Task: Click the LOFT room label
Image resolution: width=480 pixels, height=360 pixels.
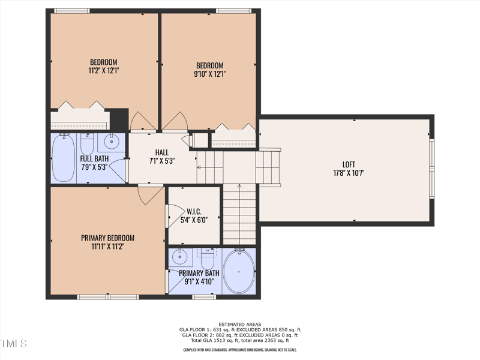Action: (349, 164)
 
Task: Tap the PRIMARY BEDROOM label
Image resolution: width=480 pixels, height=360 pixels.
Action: (107, 238)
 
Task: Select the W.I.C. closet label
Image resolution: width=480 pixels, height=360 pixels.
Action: (194, 212)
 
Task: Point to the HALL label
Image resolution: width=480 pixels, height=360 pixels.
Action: (161, 152)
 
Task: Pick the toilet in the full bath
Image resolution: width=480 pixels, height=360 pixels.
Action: (87, 144)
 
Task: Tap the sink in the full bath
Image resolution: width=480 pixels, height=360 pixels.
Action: (112, 142)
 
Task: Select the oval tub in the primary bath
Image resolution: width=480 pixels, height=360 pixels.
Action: (239, 272)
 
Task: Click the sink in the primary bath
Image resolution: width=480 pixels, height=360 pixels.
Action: (179, 256)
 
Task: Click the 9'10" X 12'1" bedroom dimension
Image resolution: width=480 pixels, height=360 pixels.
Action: (210, 74)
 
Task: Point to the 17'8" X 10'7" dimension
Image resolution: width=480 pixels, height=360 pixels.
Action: (349, 173)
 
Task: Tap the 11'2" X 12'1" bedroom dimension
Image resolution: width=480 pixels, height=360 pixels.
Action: (104, 71)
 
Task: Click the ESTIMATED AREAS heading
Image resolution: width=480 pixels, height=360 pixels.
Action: (240, 324)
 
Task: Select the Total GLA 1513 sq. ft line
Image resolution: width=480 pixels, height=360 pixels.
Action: (240, 340)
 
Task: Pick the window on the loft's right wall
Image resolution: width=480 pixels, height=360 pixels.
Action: (431, 169)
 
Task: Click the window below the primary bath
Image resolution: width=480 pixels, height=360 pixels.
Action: (204, 296)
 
